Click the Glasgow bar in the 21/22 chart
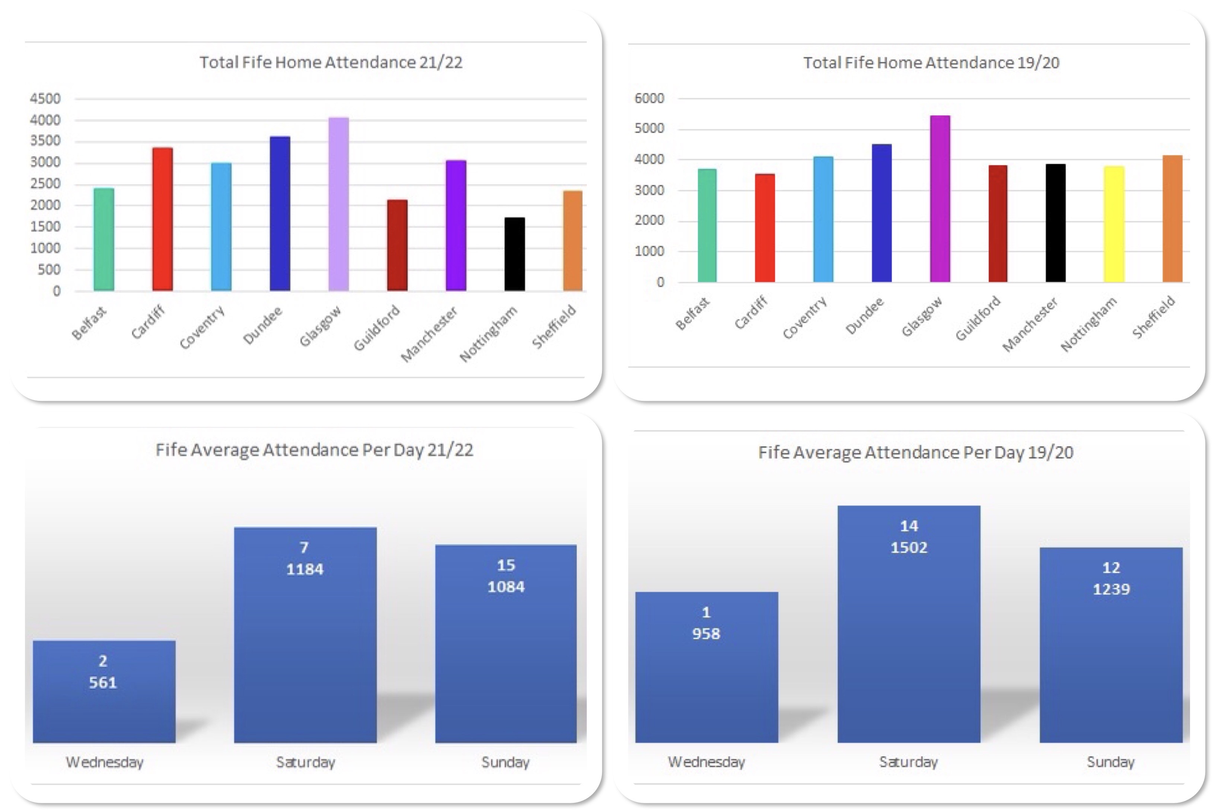pos(338,204)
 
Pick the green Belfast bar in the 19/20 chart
pos(707,226)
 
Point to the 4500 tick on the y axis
pos(45,98)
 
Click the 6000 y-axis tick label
pos(649,98)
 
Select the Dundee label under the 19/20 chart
pos(864,316)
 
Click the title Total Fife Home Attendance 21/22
pos(331,62)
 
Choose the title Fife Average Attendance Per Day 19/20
pos(915,453)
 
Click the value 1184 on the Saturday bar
pos(304,569)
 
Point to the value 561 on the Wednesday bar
pos(103,683)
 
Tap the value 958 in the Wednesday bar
pos(706,634)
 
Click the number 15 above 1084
pos(506,565)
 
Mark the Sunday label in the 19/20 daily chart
pos(1110,762)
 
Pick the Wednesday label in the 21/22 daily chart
pos(105,762)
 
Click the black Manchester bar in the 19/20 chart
pos(1055,223)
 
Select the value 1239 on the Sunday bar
pos(1111,589)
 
